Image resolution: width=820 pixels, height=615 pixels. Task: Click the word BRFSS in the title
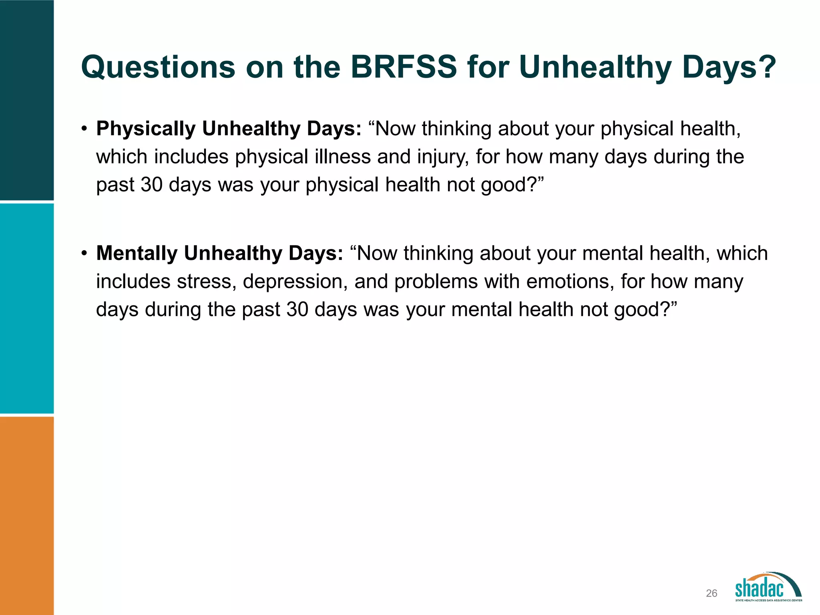tap(404, 67)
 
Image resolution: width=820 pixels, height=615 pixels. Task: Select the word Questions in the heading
tap(158, 67)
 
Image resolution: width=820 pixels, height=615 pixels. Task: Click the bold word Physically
tap(146, 129)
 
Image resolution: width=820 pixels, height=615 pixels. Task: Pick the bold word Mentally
tap(137, 253)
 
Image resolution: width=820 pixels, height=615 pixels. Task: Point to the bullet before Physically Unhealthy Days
tap(84, 129)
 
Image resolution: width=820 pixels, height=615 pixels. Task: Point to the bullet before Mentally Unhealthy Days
tap(84, 254)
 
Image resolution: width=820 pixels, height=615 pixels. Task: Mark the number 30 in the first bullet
tap(152, 185)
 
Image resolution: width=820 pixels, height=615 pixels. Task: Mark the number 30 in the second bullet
tap(297, 310)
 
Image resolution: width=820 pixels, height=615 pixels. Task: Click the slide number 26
tap(711, 593)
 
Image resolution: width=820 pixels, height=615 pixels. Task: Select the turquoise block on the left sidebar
tap(27, 308)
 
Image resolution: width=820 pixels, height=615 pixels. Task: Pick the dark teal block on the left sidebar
tap(27, 100)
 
